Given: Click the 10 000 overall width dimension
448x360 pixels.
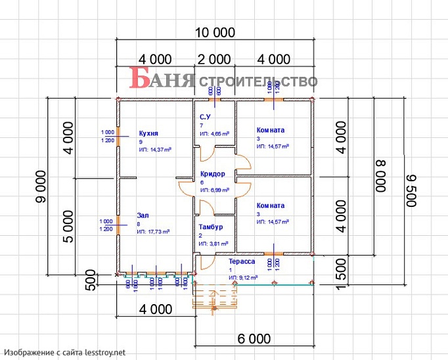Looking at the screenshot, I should click(215, 32).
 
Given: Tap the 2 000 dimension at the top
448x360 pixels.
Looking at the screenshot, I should click(214, 59).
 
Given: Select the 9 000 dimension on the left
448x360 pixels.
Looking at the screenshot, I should click(41, 187).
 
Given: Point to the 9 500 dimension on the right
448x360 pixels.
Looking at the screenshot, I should click(411, 191).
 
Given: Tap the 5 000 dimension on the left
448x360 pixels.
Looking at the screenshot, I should click(67, 226).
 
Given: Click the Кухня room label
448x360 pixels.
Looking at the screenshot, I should click(149, 133).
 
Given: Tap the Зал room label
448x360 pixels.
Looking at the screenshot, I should click(143, 215).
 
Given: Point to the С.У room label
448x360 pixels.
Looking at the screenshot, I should click(206, 116).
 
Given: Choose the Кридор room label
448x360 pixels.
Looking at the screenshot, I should click(213, 174).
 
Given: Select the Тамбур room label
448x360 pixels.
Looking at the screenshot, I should click(211, 227).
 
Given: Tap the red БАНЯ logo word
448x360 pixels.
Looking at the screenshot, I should click(162, 79).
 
